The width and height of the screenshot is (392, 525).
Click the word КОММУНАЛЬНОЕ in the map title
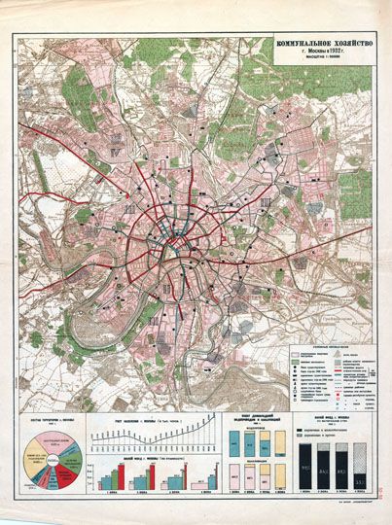[x=303, y=44]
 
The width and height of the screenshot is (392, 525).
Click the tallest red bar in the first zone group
[x=121, y=473]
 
